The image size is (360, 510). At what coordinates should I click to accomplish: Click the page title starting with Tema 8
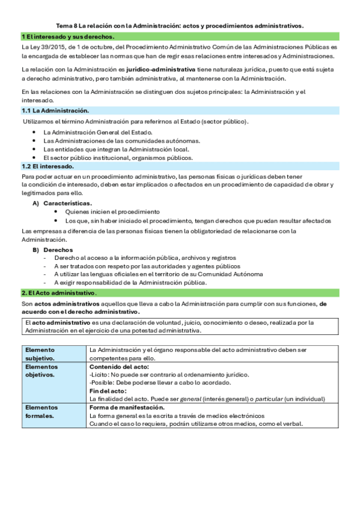coord(180,26)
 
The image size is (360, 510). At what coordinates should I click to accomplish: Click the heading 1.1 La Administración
coord(55,111)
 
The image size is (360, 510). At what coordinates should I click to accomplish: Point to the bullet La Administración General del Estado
coord(98,132)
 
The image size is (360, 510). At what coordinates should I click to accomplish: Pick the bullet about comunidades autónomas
coord(121,141)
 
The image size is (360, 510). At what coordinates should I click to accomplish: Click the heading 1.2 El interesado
coord(47,166)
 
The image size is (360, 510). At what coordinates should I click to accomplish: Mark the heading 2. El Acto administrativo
coord(59,292)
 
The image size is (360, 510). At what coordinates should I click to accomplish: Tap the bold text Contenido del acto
coord(119,366)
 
